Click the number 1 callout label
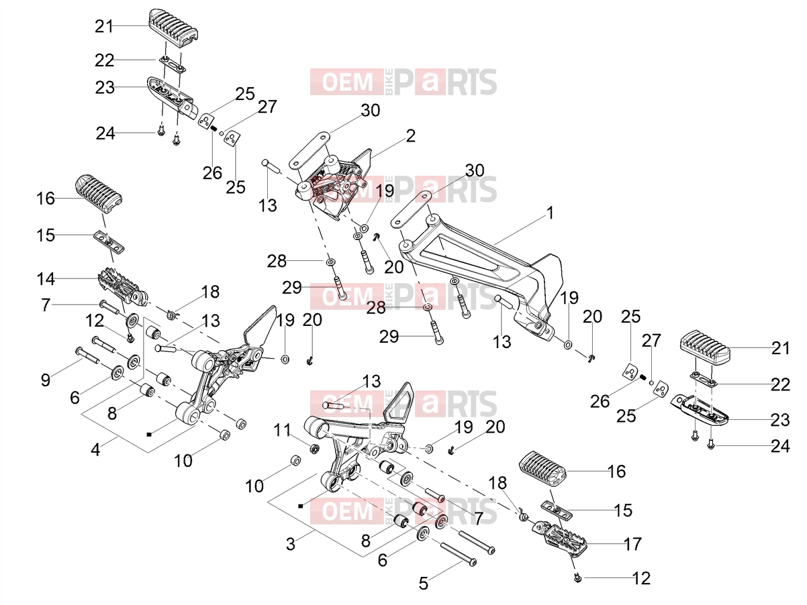pos(550,213)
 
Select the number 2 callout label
pos(411,136)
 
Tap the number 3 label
pos(291,544)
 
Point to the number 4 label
pos(95,449)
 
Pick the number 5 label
pos(424,584)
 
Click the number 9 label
pos(46,380)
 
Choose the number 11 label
pos(283,430)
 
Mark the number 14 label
pos(46,279)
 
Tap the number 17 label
pos(632,544)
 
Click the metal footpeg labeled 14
pos(123,290)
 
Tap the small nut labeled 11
pos(314,449)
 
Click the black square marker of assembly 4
pos(149,435)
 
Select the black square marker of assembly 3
pos(301,506)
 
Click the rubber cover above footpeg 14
pos(99,193)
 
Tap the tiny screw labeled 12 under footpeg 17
pos(577,579)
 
